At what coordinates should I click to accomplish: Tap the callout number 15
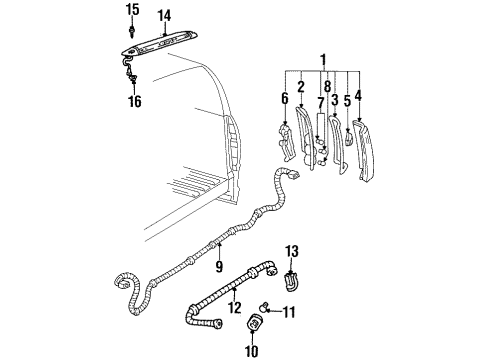click(x=132, y=10)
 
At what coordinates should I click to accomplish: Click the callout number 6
click(x=284, y=99)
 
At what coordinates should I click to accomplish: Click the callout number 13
click(x=292, y=250)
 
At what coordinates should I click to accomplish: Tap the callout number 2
click(x=300, y=87)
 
